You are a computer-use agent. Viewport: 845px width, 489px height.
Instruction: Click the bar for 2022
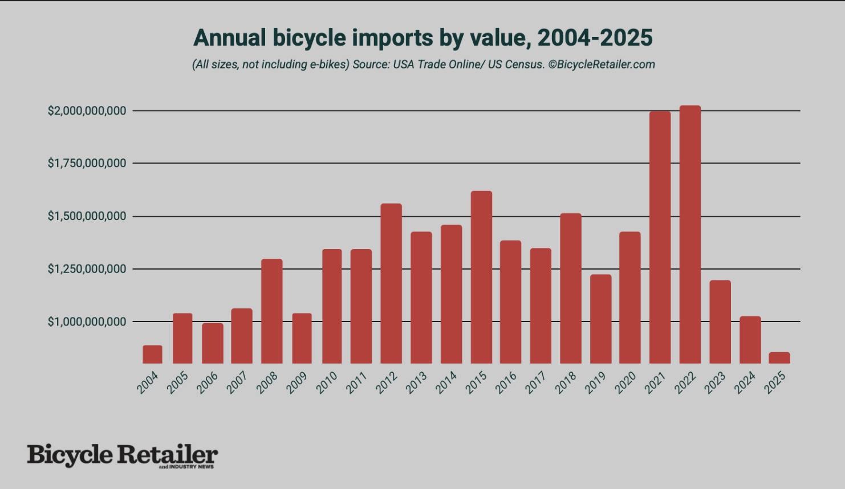point(690,234)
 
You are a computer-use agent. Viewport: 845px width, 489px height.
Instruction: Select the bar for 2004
point(152,354)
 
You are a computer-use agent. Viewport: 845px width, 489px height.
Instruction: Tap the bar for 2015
point(481,277)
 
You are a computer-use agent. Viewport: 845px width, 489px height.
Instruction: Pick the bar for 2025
point(779,357)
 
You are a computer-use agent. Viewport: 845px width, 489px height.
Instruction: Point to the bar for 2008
point(272,311)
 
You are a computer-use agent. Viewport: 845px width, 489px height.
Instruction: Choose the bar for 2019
point(600,319)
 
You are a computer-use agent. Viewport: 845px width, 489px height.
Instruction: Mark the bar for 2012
point(391,283)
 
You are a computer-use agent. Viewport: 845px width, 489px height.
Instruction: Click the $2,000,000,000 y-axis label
point(87,111)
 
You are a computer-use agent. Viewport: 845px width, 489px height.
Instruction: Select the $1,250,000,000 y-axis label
point(87,269)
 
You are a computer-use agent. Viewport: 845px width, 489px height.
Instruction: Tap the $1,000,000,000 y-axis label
point(87,322)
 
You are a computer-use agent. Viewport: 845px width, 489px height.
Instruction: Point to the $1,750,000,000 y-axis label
point(87,164)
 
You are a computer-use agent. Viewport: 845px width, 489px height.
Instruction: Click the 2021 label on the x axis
point(655,382)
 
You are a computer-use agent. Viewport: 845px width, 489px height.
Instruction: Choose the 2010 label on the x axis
point(327,382)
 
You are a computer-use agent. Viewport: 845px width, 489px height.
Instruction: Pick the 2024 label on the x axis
point(745,382)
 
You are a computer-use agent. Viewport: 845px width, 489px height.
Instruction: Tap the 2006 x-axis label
point(207,382)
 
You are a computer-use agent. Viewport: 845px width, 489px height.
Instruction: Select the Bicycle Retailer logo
point(123,456)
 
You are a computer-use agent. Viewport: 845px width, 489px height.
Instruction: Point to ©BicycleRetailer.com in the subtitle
point(602,64)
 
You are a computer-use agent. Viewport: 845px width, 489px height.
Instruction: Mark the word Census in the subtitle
point(524,64)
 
